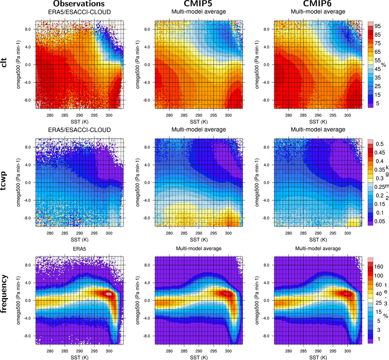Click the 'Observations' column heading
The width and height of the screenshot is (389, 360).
(79, 4)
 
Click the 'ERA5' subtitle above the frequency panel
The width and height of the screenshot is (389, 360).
(79, 248)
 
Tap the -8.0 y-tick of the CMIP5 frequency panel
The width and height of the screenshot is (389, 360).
(147, 336)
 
